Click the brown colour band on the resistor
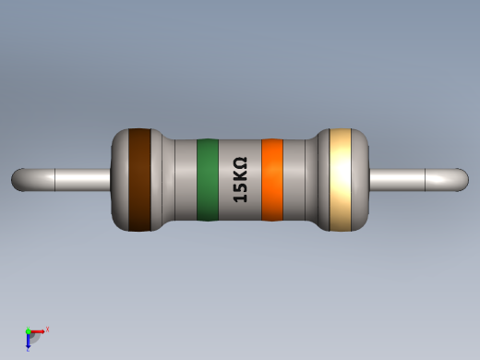[138, 179]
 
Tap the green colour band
[207, 180]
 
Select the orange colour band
[271, 180]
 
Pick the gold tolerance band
[342, 179]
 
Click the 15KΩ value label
[240, 180]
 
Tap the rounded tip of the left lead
[18, 179]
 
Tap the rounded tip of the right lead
[461, 179]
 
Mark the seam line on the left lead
[56, 179]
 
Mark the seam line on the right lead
[424, 179]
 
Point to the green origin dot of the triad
[29, 330]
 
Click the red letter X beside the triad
[47, 329]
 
